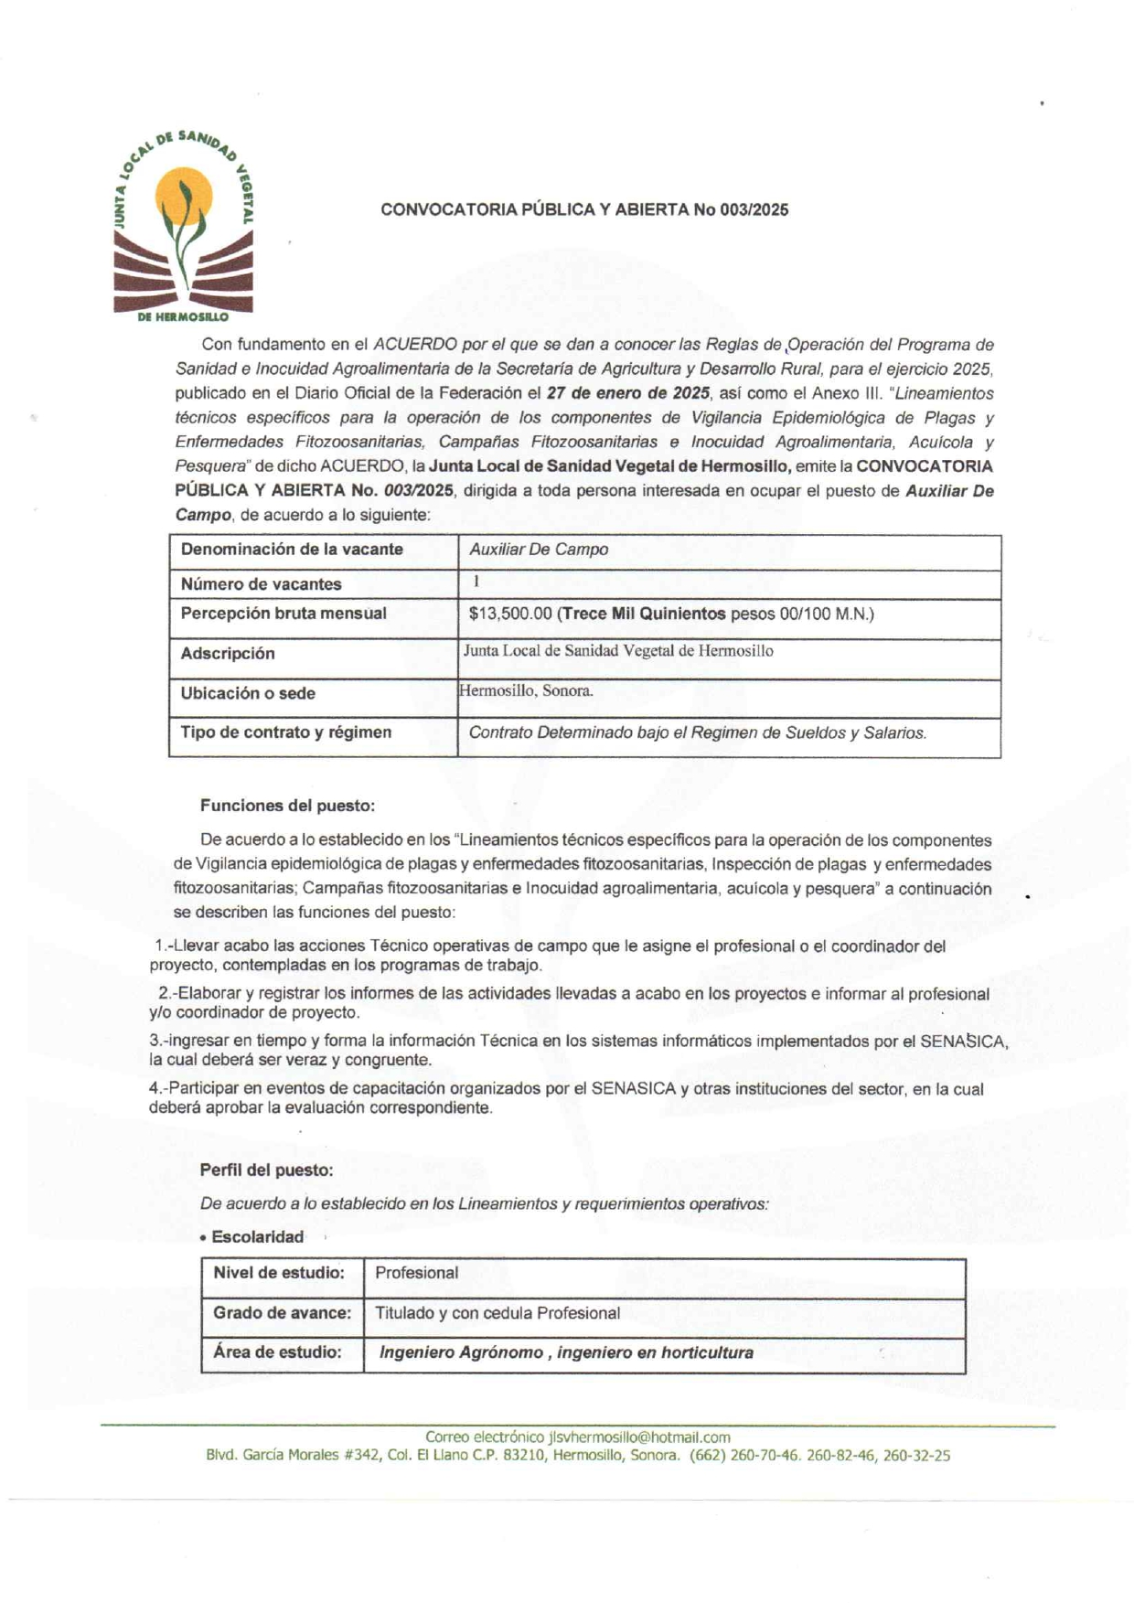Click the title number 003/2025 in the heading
[754, 209]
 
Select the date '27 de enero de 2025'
[628, 394]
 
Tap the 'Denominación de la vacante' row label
[292, 550]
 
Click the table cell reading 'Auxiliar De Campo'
[539, 550]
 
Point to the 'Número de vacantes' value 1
[476, 582]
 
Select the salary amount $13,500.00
[509, 614]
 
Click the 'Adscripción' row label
[228, 654]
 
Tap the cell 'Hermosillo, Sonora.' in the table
[526, 691]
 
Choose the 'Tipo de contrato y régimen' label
[286, 732]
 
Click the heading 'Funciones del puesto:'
[287, 806]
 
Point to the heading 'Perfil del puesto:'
[266, 1170]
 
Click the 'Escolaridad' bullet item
[257, 1237]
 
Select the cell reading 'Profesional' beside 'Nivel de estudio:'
[417, 1273]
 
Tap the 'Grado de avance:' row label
[282, 1313]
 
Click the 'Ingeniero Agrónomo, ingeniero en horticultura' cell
[566, 1352]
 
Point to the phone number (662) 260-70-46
[744, 1456]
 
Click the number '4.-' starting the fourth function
[158, 1089]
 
